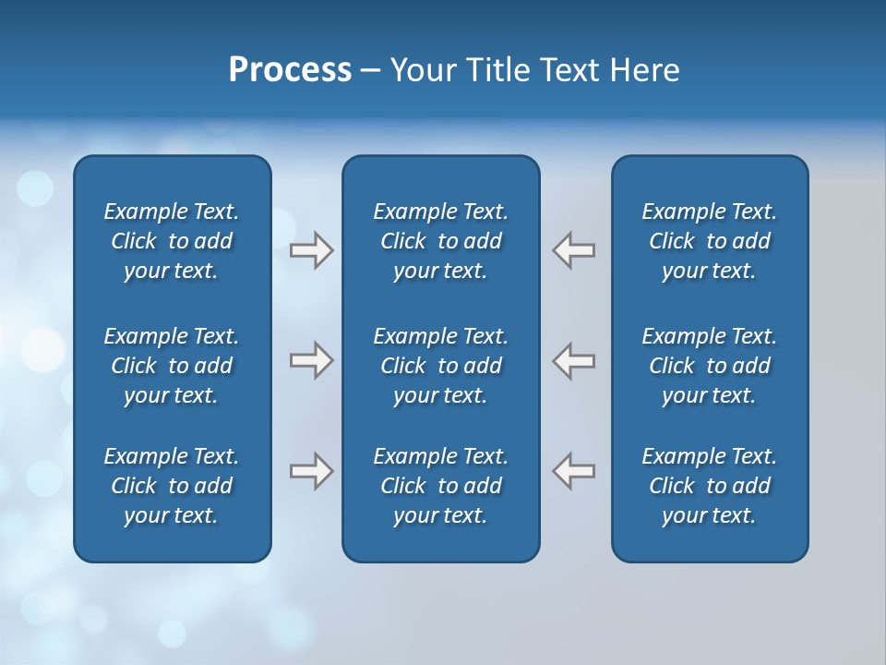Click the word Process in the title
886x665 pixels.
[290, 70]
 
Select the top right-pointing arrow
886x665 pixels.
[311, 250]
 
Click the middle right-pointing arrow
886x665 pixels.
[311, 360]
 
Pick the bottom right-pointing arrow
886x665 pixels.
[311, 471]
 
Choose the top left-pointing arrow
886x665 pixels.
[574, 250]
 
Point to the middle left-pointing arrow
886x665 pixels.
[574, 360]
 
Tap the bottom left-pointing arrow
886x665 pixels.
[574, 471]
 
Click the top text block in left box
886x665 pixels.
[172, 241]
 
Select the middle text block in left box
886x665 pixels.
[172, 366]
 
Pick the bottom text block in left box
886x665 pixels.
[172, 486]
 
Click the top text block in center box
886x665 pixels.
[440, 241]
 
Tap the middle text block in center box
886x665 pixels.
[440, 366]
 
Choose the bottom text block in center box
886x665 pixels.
[440, 486]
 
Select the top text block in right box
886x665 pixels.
[709, 241]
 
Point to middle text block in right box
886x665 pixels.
[709, 366]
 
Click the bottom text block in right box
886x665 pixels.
[709, 486]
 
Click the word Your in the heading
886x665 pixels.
[421, 70]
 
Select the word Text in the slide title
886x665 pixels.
[569, 70]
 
